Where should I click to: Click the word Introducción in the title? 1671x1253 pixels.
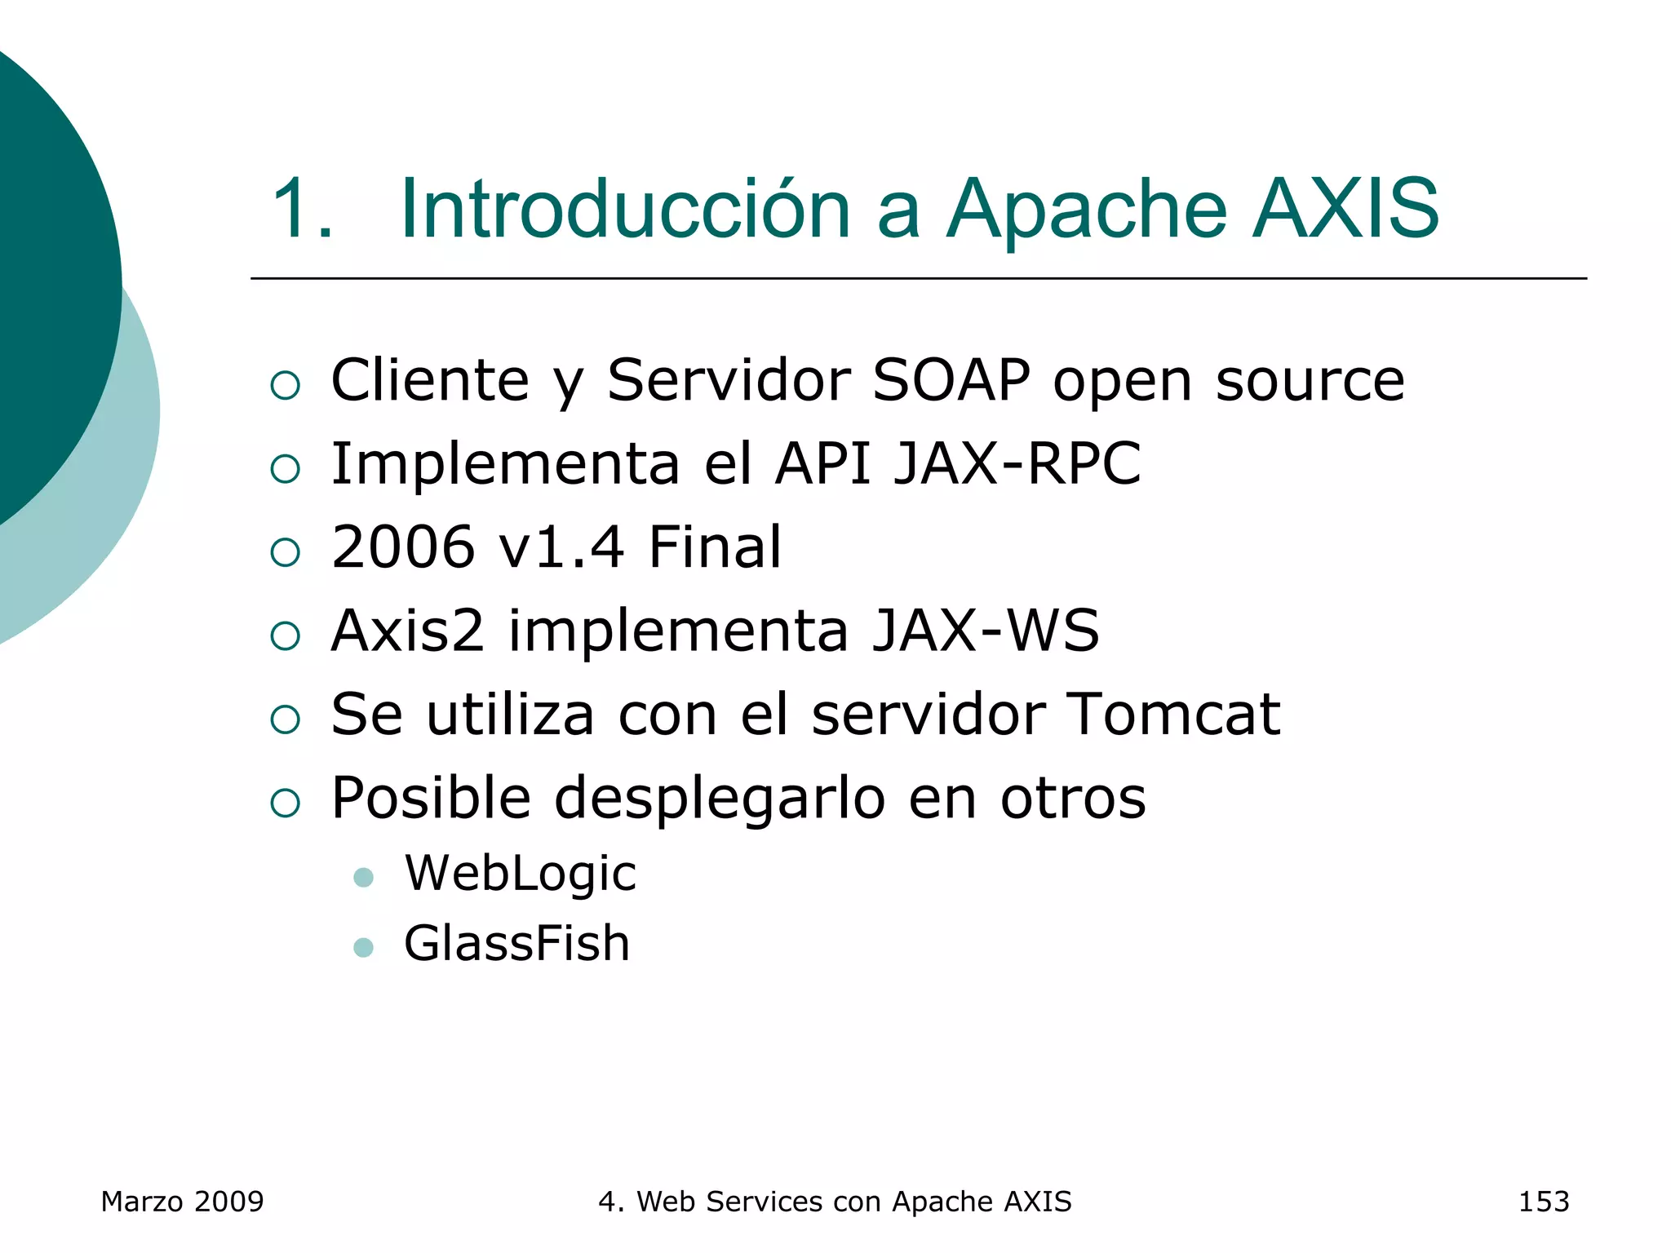pos(625,210)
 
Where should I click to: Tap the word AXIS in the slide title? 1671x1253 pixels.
pos(1345,210)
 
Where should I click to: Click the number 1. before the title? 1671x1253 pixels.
pos(302,210)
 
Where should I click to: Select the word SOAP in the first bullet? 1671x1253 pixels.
pos(951,380)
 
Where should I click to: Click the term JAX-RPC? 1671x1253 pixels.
pos(1017,463)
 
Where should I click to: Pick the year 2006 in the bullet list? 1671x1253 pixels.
pos(403,547)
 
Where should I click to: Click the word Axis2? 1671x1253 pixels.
pos(408,631)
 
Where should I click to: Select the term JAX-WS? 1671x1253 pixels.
pos(986,631)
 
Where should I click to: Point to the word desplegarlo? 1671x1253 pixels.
pos(720,798)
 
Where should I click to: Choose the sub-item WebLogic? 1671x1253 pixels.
pos(521,874)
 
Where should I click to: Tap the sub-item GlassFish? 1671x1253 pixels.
pos(517,944)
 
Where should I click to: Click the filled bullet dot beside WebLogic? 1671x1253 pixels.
pos(364,878)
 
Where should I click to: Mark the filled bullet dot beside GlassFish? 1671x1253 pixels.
pos(364,948)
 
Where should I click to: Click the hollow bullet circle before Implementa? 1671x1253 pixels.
pos(286,468)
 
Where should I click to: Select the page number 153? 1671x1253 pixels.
pos(1543,1202)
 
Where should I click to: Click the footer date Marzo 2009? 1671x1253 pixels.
pos(182,1202)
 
